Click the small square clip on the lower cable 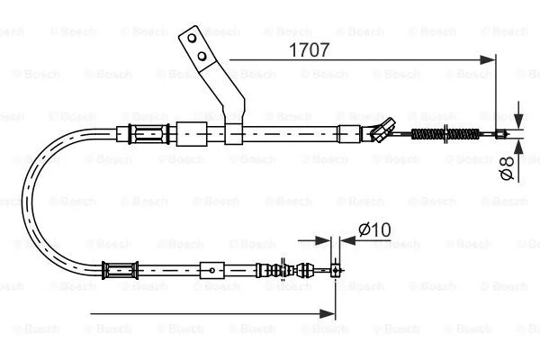point(210,268)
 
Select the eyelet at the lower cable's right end point(335,268)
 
